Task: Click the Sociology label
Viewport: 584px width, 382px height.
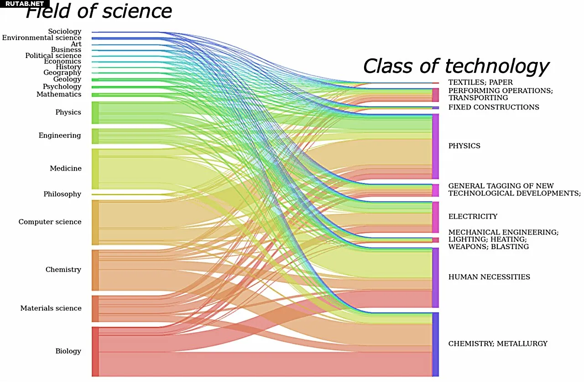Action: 64,31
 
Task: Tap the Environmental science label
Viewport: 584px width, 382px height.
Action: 42,38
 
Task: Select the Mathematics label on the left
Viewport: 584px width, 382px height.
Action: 59,94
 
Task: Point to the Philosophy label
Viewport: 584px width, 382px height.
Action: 62,194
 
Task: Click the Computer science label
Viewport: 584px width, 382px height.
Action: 50,222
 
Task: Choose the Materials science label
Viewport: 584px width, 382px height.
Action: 51,308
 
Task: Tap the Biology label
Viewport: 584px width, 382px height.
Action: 68,351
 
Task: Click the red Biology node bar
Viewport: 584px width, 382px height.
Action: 95,351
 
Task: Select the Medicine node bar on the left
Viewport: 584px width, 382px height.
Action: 95,168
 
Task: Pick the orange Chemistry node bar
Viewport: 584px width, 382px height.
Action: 95,270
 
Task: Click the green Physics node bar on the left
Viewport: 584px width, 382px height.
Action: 95,112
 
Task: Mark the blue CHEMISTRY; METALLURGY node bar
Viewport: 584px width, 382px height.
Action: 435,344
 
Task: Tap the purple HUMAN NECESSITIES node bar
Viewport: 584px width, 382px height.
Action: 435,277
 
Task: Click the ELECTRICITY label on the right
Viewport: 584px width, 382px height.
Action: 473,216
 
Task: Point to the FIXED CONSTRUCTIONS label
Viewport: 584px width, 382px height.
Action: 494,107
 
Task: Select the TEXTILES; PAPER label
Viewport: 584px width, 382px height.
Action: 480,82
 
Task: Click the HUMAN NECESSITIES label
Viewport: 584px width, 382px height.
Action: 489,277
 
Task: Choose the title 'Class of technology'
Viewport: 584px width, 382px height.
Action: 456,66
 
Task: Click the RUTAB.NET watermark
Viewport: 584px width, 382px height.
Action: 24,4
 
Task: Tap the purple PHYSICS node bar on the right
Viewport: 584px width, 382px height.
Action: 435,146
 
